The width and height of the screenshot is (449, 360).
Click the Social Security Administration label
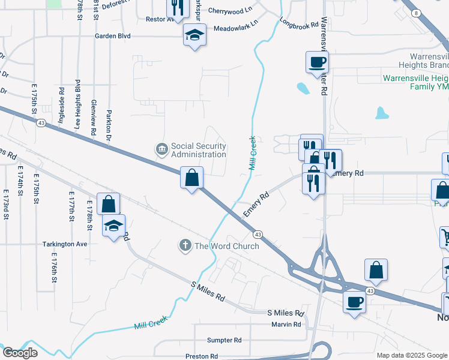coord(198,150)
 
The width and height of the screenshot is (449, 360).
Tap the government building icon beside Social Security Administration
coord(161,149)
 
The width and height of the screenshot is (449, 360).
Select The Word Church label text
coord(226,246)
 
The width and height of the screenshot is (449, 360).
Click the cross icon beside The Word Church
coord(185,245)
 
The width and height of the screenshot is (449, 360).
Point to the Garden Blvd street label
coord(112,36)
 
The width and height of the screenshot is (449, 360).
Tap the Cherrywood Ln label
coord(231,11)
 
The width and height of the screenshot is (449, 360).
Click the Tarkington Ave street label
coord(65,244)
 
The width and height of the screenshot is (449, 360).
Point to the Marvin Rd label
coord(285,325)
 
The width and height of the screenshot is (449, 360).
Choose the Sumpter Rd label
coord(224,340)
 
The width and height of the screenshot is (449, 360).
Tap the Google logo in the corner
coord(20,353)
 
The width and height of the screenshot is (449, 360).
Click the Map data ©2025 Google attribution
coord(411,355)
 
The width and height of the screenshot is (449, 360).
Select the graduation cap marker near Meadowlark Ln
coord(194,35)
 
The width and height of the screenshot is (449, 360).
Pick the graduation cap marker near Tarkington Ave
coord(113,226)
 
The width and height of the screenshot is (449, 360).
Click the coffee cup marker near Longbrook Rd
coord(317,61)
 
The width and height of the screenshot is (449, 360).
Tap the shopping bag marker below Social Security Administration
coord(191,178)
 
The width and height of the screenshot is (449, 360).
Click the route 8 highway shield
coord(415,13)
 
